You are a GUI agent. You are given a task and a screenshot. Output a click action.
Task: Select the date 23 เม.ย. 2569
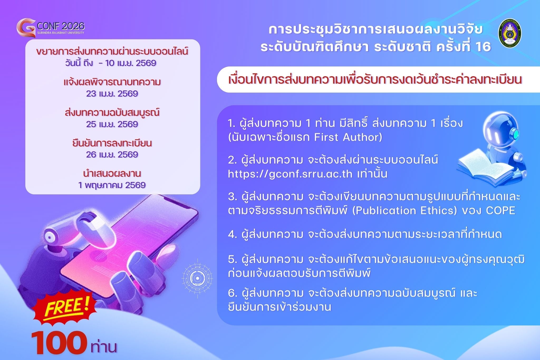click(112, 94)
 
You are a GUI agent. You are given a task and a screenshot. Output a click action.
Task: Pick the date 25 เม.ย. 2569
click(112, 124)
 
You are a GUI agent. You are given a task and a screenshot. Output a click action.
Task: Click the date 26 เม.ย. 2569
click(112, 154)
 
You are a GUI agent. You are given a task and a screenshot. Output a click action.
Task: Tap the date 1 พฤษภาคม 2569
click(112, 185)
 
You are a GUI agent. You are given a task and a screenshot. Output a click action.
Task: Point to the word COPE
click(500, 210)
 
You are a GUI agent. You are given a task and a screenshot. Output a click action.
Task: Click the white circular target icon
click(197, 278)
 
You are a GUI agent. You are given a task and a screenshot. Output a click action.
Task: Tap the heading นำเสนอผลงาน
click(112, 174)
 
